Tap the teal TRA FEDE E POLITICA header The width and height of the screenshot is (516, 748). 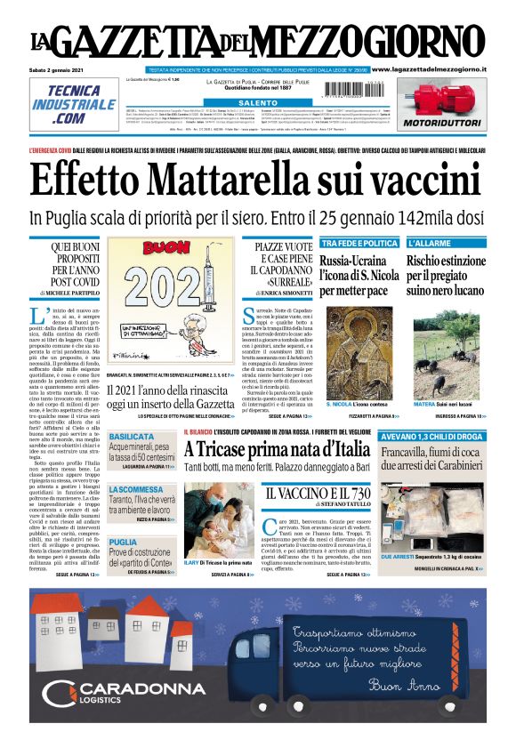pyautogui.click(x=359, y=243)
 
